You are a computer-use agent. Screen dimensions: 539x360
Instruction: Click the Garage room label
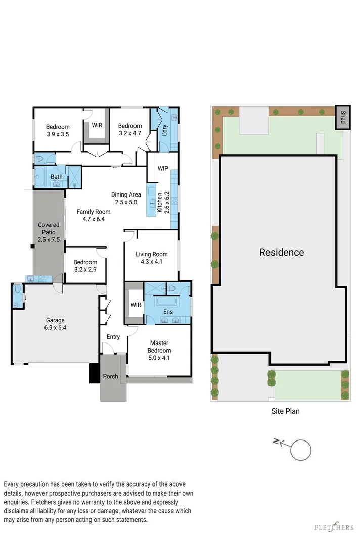pyautogui.click(x=55, y=320)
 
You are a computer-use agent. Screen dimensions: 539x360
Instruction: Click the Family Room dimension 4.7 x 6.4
pyautogui.click(x=93, y=219)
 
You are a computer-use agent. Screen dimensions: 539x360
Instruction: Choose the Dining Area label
pyautogui.click(x=126, y=194)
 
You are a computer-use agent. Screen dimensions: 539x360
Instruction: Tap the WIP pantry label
pyautogui.click(x=162, y=168)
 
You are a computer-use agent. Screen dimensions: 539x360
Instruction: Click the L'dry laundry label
pyautogui.click(x=164, y=129)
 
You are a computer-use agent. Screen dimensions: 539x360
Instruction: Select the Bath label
pyautogui.click(x=56, y=177)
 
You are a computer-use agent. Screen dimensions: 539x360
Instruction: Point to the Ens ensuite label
pyautogui.click(x=168, y=312)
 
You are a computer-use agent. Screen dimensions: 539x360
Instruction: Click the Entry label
pyautogui.click(x=113, y=337)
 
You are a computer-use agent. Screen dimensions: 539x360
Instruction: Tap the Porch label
pyautogui.click(x=110, y=376)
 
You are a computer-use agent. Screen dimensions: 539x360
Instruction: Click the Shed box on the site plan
pyautogui.click(x=342, y=117)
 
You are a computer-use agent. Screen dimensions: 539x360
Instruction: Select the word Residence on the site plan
pyautogui.click(x=282, y=252)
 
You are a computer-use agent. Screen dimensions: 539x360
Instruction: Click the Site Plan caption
pyautogui.click(x=285, y=411)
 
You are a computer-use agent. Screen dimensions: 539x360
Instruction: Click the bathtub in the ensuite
pyautogui.click(x=167, y=302)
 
